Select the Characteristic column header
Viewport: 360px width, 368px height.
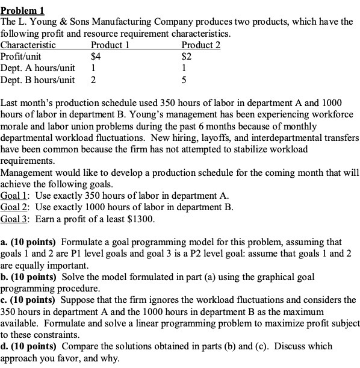click(29, 45)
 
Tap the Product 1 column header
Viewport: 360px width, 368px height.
click(110, 45)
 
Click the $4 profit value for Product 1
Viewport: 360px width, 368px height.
click(95, 56)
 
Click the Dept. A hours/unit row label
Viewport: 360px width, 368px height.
click(37, 67)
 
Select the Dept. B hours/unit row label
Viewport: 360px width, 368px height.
click(37, 79)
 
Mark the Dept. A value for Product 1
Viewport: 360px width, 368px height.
click(93, 67)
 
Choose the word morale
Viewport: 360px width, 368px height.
click(16, 126)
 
